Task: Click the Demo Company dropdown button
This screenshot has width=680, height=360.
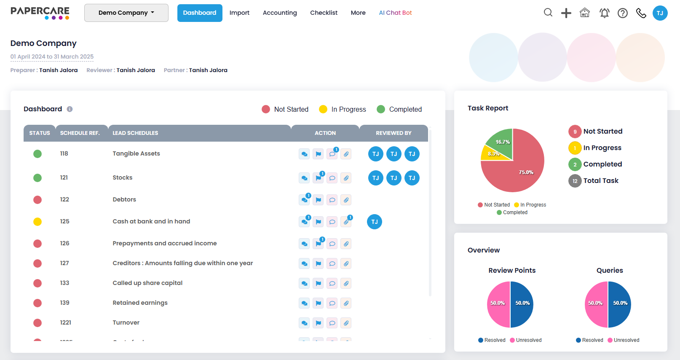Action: pos(126,13)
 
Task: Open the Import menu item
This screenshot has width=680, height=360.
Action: pos(239,13)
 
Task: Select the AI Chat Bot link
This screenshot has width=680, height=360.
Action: pos(395,13)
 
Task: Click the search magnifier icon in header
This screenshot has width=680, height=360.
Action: pos(548,13)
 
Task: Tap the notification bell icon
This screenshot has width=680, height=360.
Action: pos(604,13)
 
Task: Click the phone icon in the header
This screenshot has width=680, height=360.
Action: pos(641,13)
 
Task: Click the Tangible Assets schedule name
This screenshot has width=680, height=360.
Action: pos(136,153)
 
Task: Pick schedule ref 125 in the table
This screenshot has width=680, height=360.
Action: pos(64,221)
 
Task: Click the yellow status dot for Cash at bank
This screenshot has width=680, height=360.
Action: pos(37,222)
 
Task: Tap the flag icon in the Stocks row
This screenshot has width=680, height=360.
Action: pos(319,178)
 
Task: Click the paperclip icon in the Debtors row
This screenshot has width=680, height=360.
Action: pos(346,200)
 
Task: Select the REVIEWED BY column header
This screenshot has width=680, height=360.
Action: pos(394,133)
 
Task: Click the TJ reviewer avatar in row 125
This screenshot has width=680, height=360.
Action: pos(375,222)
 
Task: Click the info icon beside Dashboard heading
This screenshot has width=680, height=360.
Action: pos(70,109)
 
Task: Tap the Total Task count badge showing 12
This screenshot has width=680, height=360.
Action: pos(575,181)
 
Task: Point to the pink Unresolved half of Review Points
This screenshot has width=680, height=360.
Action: pos(498,304)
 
